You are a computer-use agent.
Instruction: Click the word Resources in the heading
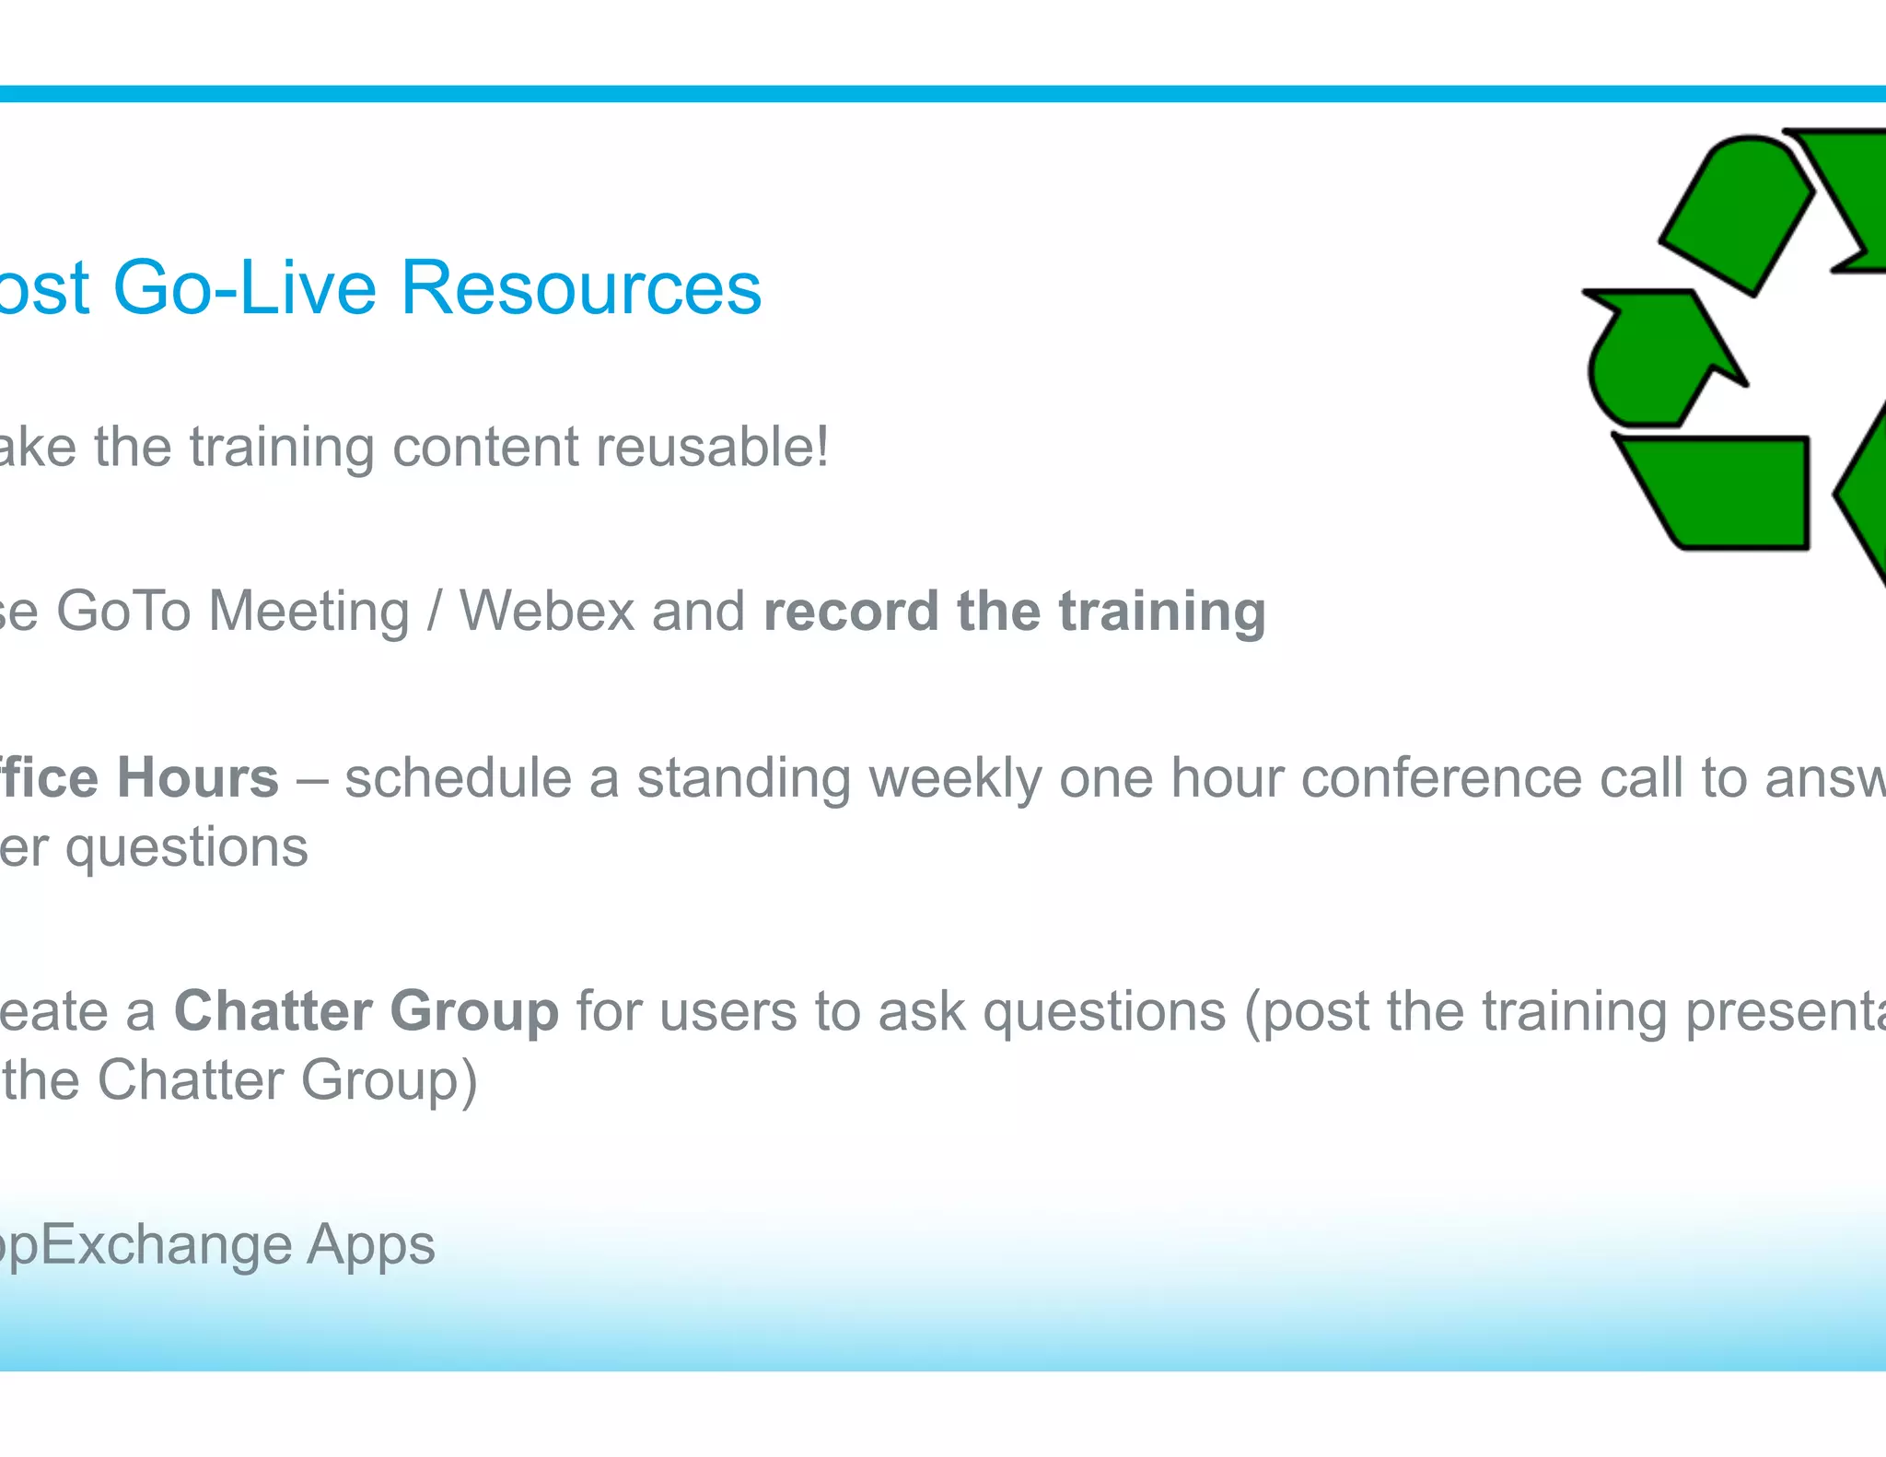point(580,288)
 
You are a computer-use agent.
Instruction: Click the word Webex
point(547,612)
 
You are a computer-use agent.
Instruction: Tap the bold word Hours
point(197,778)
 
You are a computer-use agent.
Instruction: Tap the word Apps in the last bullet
point(370,1246)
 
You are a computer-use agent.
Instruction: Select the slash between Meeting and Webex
point(434,612)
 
